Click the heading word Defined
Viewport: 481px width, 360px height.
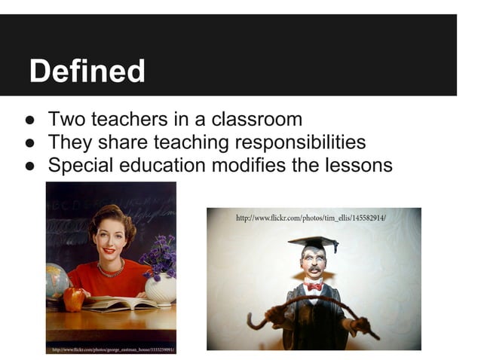pos(87,72)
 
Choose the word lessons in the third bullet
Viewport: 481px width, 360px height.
pos(355,164)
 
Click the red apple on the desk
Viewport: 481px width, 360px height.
pos(74,298)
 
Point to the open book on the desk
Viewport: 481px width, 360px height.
pos(113,303)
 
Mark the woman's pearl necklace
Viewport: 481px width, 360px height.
pos(111,269)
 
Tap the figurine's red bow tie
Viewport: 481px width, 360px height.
pos(313,285)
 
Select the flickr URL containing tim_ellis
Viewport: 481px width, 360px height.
pos(311,218)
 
